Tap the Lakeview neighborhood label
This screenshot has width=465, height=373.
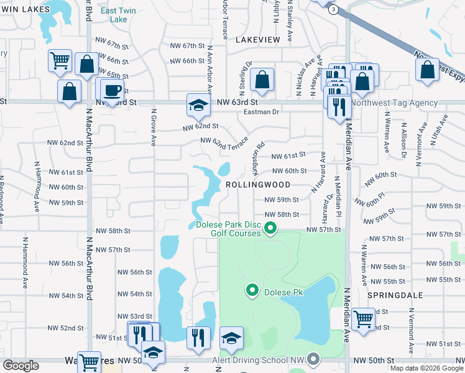[258, 39]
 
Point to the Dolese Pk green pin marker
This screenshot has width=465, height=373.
[252, 290]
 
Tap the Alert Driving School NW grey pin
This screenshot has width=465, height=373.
[313, 359]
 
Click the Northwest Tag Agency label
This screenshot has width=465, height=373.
[394, 103]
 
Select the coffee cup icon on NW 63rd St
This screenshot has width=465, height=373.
[112, 90]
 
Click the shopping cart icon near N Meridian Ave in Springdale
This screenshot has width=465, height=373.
[364, 320]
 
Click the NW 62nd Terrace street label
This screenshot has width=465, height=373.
[224, 144]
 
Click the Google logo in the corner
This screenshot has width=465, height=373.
[21, 366]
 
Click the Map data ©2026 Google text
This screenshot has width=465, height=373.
[426, 368]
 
